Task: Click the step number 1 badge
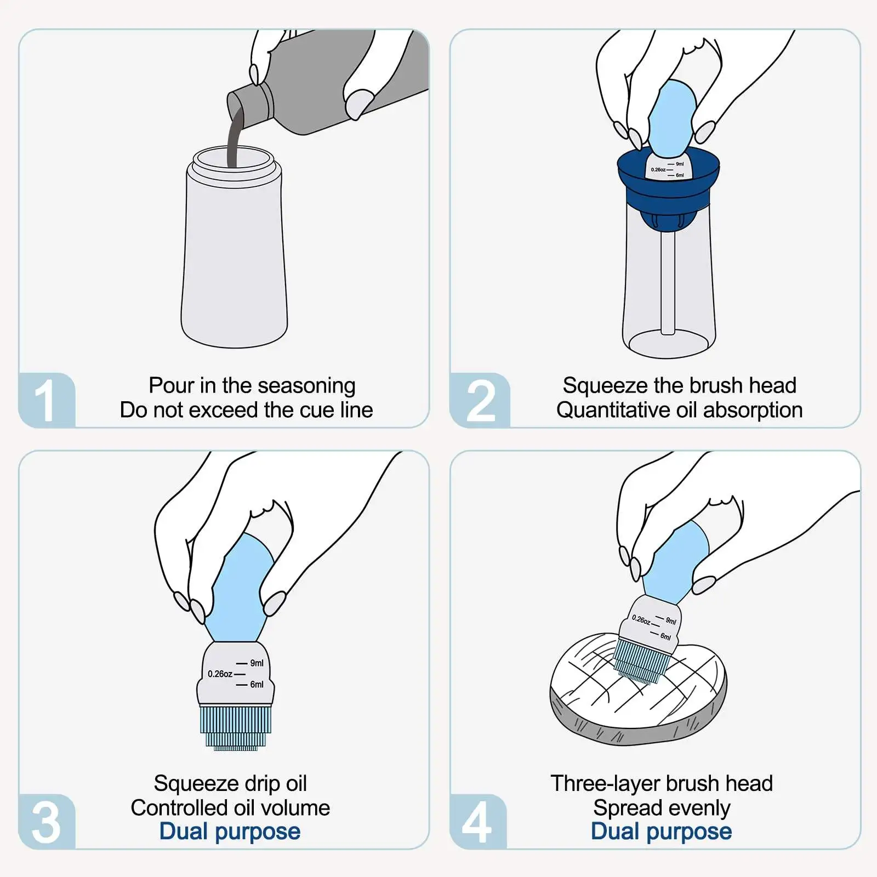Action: click(47, 400)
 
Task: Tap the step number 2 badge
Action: click(480, 400)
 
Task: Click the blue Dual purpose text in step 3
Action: click(230, 832)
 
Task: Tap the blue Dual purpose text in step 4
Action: click(662, 832)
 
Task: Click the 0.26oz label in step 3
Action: click(220, 674)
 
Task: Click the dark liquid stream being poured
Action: click(235, 137)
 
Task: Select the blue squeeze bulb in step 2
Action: click(672, 118)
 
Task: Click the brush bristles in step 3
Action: click(236, 727)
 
